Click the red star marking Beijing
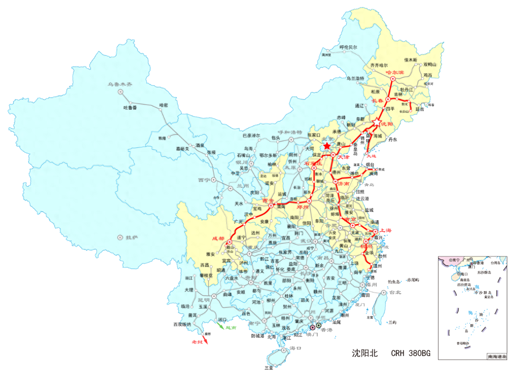[x=327, y=146]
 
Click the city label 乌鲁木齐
[x=120, y=84]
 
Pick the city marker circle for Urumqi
[x=120, y=92]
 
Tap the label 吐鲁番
[x=130, y=107]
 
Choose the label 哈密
[x=164, y=105]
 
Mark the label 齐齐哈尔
[x=380, y=65]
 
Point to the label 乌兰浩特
[x=355, y=78]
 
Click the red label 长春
[x=378, y=101]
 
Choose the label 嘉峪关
[x=182, y=148]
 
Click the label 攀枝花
[x=206, y=275]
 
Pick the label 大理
[x=189, y=290]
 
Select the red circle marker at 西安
[x=271, y=206]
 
